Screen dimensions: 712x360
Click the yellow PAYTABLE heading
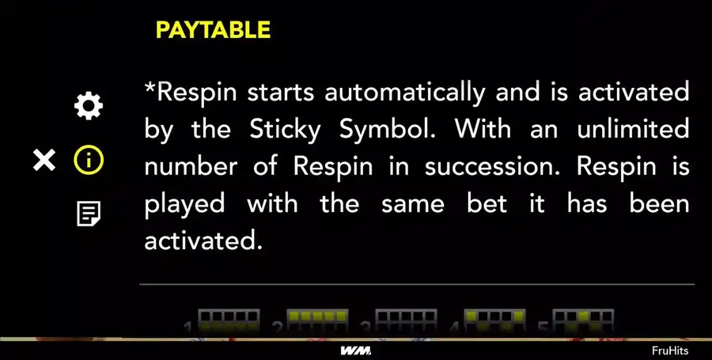(213, 30)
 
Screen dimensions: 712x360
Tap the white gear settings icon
(89, 106)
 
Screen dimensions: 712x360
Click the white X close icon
(44, 161)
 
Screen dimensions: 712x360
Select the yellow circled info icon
(89, 161)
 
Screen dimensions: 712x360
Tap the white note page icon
(89, 214)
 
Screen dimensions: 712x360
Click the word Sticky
(285, 131)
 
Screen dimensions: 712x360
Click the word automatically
(404, 93)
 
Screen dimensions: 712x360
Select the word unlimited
(633, 130)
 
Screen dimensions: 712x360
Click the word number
(191, 167)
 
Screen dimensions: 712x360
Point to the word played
(185, 204)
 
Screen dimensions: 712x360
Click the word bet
(487, 204)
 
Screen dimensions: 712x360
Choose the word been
(659, 204)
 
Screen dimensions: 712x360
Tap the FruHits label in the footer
(670, 351)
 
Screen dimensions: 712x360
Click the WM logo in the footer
(355, 351)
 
